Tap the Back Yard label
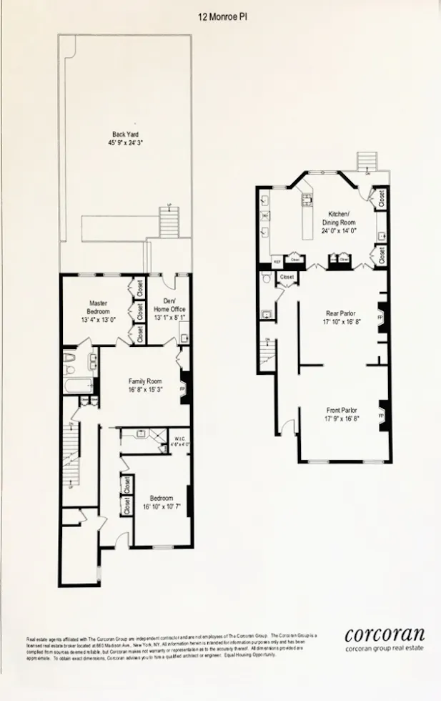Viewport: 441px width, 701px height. click(x=125, y=134)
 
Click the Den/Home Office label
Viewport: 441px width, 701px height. click(x=169, y=304)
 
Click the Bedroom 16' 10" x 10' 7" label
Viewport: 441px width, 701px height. click(x=161, y=502)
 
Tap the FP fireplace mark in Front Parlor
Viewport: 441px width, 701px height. click(x=381, y=416)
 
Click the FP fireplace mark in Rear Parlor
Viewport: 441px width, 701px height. click(x=380, y=315)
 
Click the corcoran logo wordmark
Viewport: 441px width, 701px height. click(x=385, y=634)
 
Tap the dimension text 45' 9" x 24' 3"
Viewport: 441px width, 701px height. click(x=125, y=143)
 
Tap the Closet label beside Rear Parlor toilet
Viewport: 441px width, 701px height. click(x=287, y=277)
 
